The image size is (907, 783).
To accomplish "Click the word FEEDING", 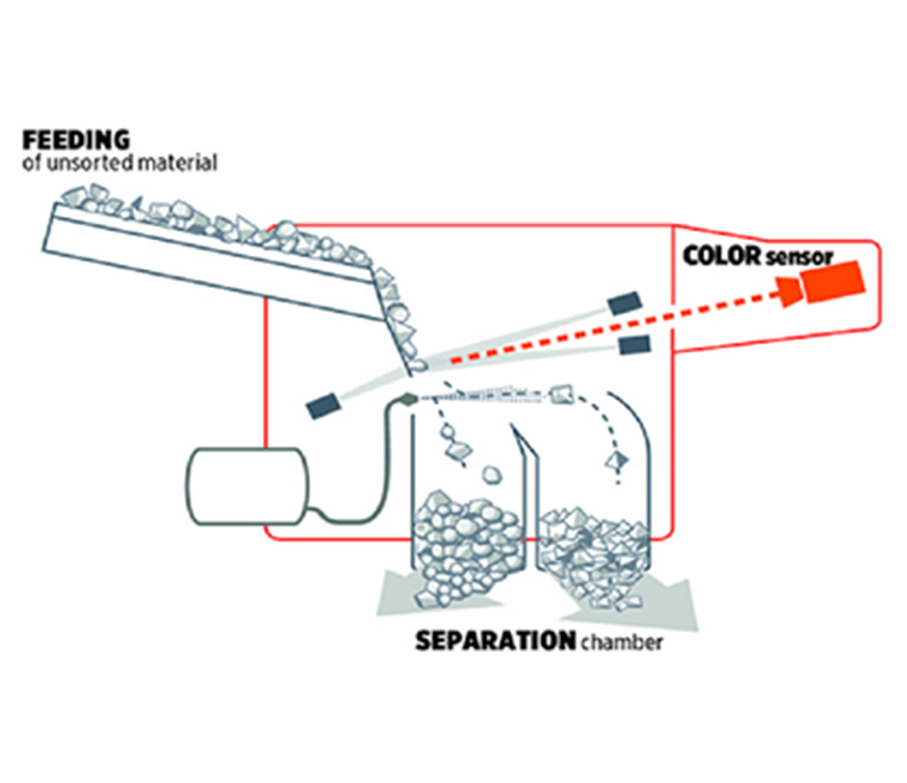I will point(76,140).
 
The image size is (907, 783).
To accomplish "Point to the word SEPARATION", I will point(494,641).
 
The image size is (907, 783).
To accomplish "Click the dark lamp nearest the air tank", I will point(323,405).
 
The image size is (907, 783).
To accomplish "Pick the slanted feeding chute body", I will point(203,260).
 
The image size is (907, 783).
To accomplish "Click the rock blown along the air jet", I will point(561,394).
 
